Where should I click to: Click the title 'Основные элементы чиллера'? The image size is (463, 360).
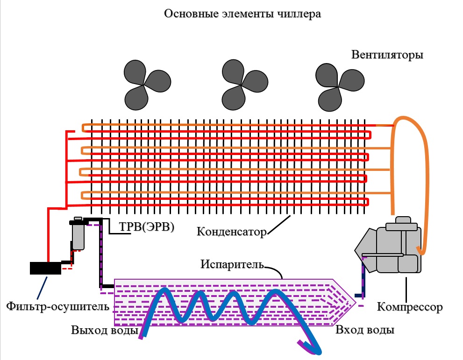(242, 14)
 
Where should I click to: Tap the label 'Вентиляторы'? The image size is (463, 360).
(387, 55)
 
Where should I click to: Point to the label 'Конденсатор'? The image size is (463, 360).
(231, 231)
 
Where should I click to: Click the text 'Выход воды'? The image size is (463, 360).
(104, 330)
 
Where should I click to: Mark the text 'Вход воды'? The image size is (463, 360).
(365, 330)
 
